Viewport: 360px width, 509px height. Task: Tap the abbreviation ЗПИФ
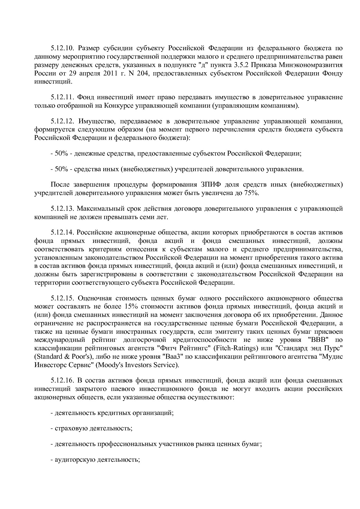[209, 185]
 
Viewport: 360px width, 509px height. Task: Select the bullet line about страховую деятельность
[91, 428]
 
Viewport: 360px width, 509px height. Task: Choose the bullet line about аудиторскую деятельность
[95, 460]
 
